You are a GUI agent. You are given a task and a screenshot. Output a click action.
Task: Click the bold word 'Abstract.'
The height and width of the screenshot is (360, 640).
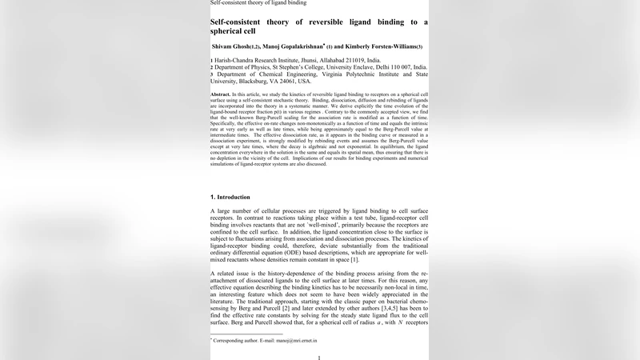[x=221, y=94]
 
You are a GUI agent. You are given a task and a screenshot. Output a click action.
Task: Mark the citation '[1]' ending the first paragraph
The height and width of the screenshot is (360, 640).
[x=354, y=259]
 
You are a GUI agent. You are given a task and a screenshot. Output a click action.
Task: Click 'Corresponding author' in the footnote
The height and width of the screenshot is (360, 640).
[x=234, y=341]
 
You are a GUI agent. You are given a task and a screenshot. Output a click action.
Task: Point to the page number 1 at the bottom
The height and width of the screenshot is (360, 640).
[x=319, y=357]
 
